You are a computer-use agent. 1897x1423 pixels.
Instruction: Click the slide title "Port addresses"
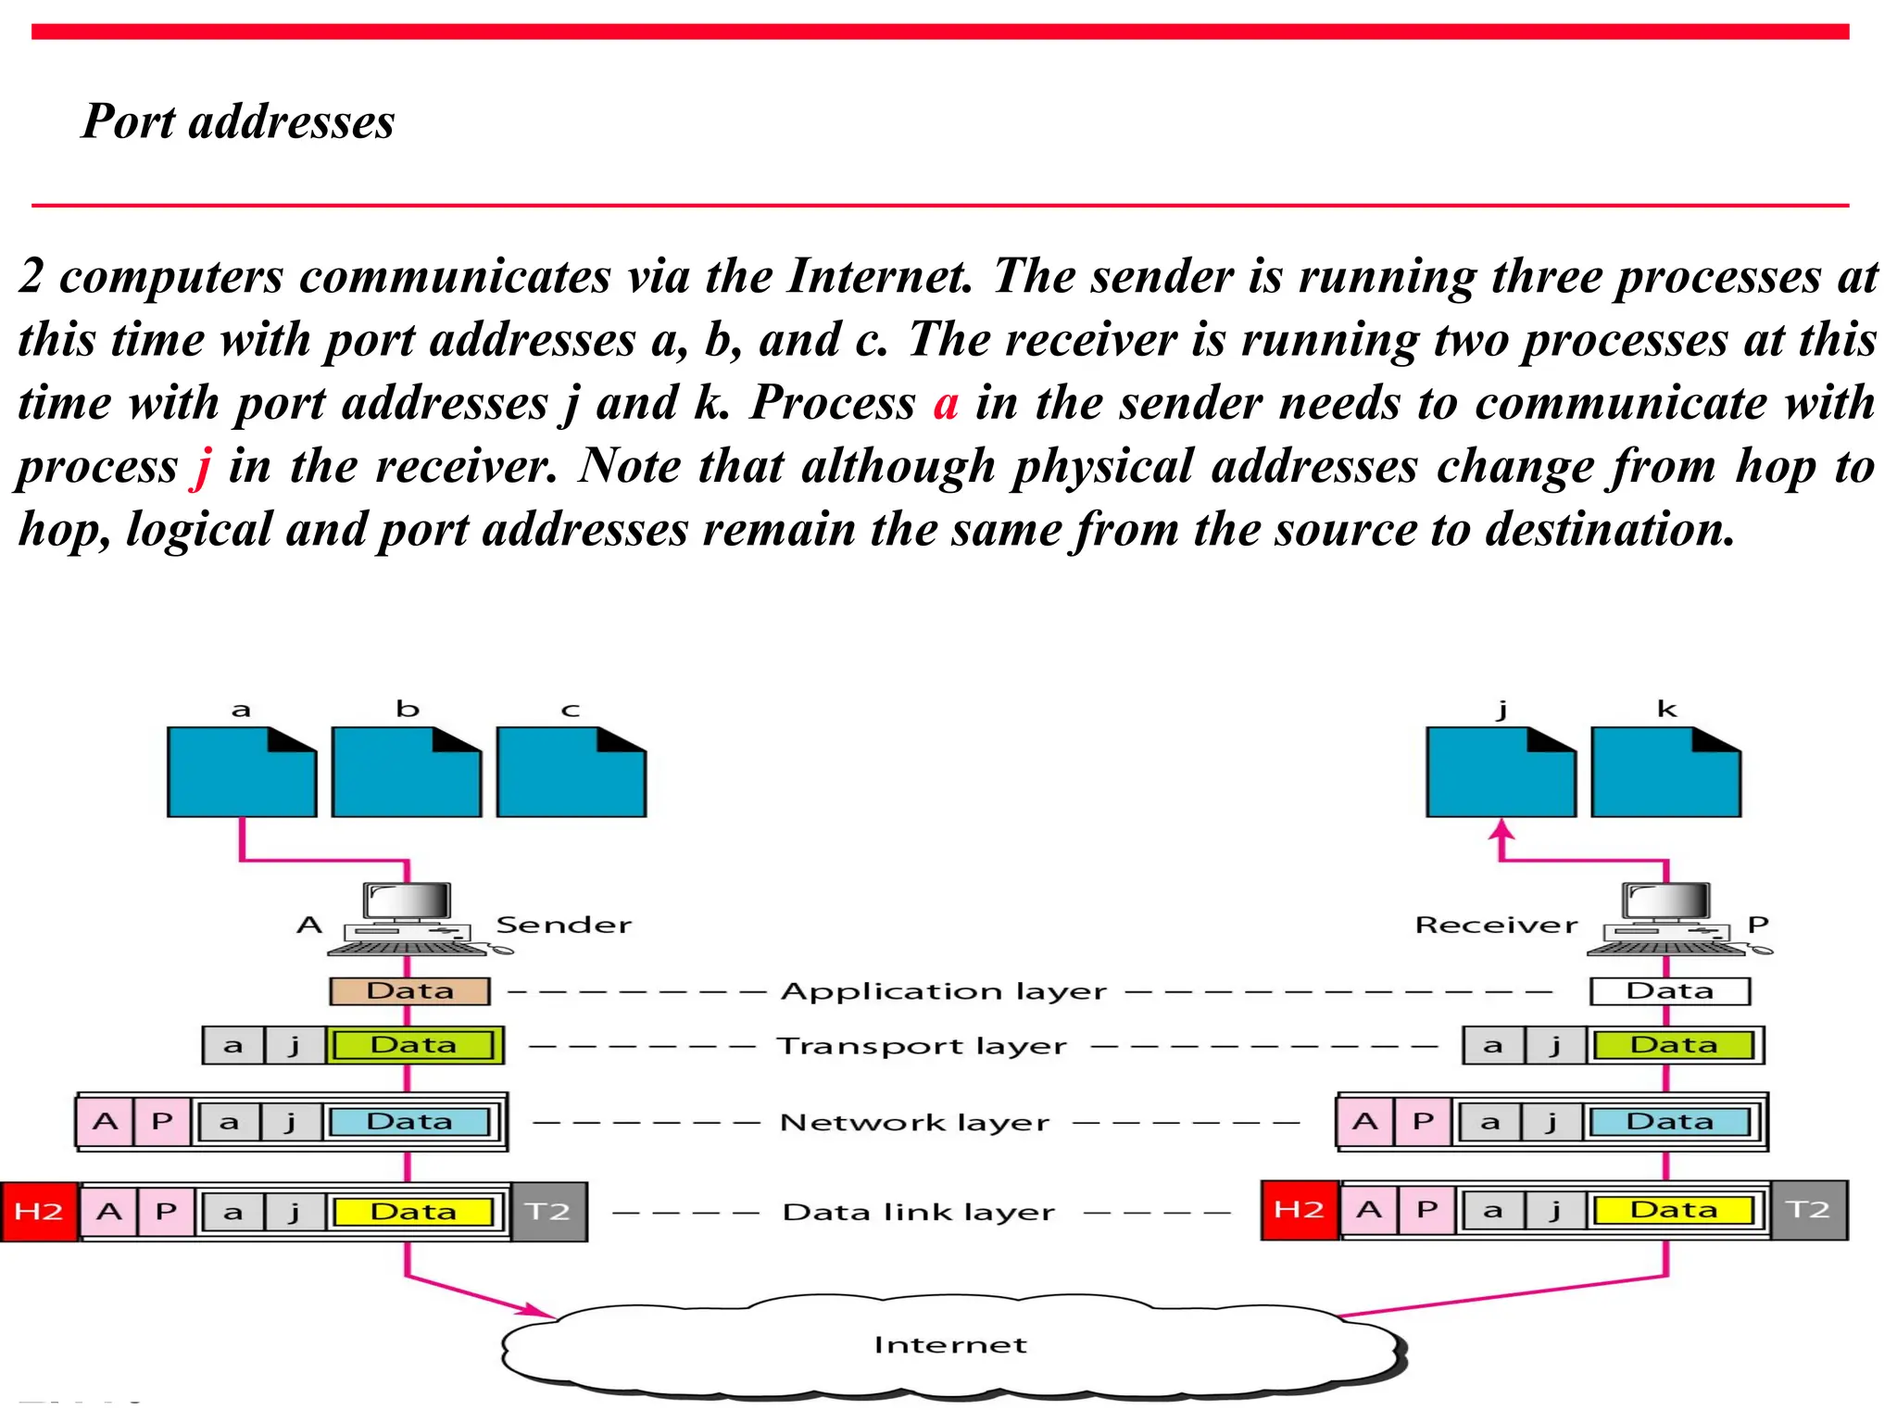tap(238, 121)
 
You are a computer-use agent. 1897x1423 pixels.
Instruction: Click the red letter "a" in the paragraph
tap(945, 404)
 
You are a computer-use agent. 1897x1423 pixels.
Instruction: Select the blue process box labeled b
tap(407, 772)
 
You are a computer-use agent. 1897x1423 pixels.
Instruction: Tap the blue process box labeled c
tap(572, 772)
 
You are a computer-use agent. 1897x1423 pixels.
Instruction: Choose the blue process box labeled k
tap(1665, 772)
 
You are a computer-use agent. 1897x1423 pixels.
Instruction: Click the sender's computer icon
tap(408, 918)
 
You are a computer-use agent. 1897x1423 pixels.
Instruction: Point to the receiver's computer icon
tap(1667, 918)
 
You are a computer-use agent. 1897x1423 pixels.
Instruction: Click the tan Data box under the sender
tap(409, 991)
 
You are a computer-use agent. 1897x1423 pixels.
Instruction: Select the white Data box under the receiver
tap(1669, 991)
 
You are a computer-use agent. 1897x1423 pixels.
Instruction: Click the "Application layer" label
tap(943, 992)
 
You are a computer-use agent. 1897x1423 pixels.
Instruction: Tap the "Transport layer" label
tap(922, 1046)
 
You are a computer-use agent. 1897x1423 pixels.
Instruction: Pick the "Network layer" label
tap(914, 1123)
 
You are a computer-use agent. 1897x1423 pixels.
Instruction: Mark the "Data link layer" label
tap(918, 1212)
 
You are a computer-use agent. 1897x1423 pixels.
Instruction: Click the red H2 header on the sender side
tap(39, 1212)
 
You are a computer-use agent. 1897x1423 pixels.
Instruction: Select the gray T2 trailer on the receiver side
tap(1808, 1210)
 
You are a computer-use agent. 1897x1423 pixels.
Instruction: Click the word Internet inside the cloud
tap(950, 1345)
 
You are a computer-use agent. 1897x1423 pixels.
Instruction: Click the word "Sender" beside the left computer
tap(563, 925)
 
